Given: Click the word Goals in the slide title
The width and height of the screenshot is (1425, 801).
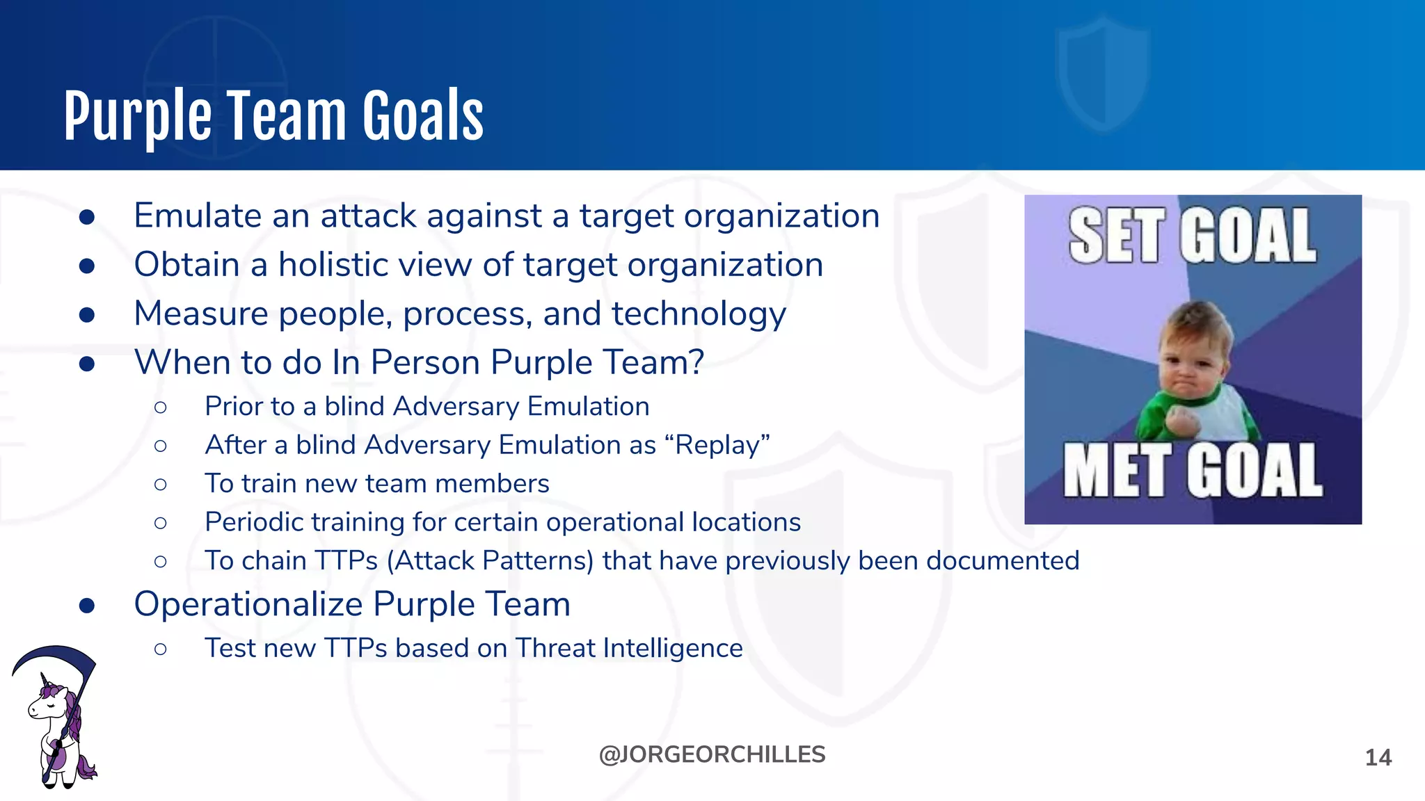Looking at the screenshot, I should point(422,116).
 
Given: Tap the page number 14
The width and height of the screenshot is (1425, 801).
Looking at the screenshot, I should point(1378,757).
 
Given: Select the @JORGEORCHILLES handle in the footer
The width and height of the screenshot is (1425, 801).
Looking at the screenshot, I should point(712,754).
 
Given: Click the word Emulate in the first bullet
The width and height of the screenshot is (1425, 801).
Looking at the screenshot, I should point(198,216).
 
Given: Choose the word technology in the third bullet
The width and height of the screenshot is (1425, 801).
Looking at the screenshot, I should point(699,314).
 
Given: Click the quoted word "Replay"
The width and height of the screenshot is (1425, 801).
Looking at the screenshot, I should point(723,445).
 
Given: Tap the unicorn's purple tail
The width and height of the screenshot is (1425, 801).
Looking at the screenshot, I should point(86,766).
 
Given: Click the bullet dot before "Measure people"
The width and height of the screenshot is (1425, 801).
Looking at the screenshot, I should point(87,315).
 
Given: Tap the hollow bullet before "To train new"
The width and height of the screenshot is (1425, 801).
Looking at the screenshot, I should point(161,484).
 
